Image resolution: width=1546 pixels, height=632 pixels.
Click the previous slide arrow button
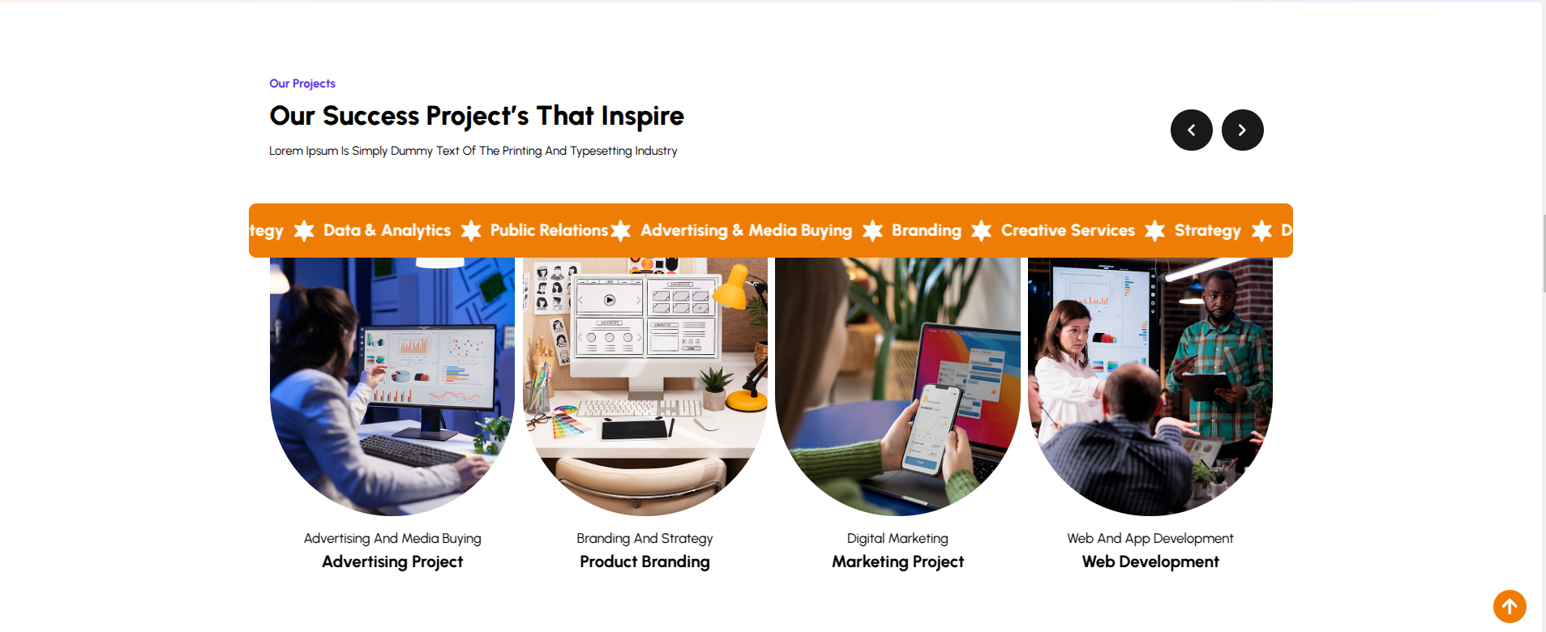tap(1191, 130)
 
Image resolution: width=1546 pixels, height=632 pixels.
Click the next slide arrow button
tap(1242, 130)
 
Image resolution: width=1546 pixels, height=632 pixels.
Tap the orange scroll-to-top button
tap(1510, 606)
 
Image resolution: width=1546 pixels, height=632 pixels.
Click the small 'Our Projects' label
tap(302, 83)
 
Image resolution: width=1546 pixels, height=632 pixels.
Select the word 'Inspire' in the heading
tap(643, 117)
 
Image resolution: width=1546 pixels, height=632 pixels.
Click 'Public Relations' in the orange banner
tap(549, 230)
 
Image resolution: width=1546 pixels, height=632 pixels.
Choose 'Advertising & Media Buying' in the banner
tap(747, 231)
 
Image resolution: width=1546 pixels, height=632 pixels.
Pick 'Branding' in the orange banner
tap(927, 231)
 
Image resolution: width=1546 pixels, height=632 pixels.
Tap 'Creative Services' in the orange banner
tap(1068, 230)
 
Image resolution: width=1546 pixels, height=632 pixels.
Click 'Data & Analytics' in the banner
tap(387, 231)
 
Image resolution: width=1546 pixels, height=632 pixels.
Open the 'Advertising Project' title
tap(392, 562)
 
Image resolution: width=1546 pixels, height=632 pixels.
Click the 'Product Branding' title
tap(645, 562)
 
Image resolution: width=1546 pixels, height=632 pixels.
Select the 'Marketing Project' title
tap(897, 562)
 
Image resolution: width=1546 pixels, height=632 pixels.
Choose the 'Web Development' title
tap(1150, 562)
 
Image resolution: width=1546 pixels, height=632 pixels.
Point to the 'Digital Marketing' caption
tap(897, 539)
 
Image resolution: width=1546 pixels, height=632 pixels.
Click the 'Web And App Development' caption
tap(1150, 539)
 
